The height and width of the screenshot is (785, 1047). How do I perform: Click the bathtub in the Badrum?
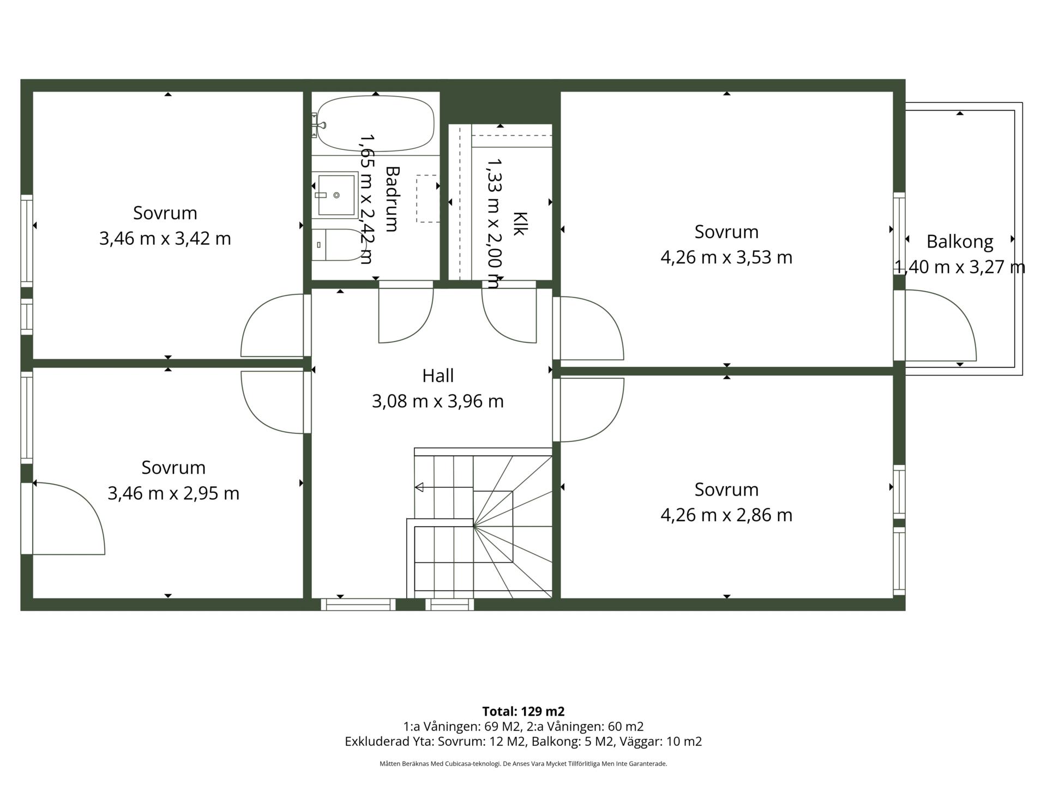376,124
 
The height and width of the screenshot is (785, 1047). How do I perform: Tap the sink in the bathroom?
335,195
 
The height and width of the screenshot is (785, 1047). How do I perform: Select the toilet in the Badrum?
338,245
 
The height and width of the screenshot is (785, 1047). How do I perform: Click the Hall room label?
438,376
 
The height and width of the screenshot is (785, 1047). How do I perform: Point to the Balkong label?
960,241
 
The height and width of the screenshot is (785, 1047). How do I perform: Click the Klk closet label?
519,224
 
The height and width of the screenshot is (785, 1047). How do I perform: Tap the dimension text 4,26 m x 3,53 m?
726,257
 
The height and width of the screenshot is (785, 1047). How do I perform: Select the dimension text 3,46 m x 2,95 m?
173,493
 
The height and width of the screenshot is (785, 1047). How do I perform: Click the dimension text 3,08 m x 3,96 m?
438,402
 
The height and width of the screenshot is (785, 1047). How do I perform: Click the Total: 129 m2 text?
523,711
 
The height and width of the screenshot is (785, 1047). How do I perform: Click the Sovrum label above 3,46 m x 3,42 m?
165,213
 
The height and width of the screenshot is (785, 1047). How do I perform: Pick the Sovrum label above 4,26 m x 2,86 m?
726,490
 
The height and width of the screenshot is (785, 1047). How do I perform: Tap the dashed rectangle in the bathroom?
428,198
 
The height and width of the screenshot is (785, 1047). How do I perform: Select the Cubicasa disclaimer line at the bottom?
523,764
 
